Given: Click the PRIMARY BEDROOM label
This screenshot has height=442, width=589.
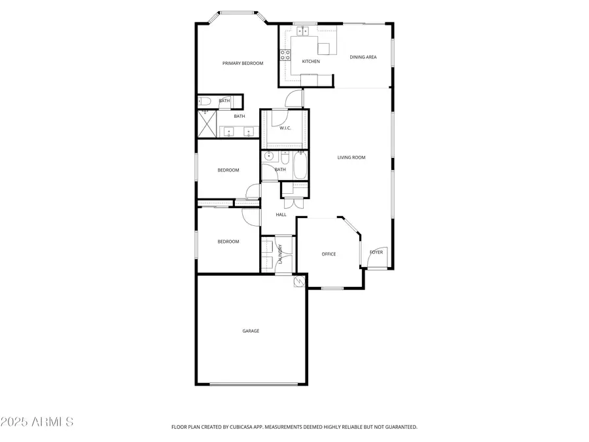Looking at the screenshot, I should pos(243,64).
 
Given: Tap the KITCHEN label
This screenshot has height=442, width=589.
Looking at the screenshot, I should pos(311,62).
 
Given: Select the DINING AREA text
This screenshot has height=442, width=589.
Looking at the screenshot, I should pos(363,58).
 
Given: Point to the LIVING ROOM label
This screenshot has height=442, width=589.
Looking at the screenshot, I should pos(351,157).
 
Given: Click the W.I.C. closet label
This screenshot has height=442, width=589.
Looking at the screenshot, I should pos(285,128).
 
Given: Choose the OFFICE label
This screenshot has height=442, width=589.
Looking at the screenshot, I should pos(329,254).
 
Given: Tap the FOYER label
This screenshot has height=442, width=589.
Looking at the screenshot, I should pos(376,252).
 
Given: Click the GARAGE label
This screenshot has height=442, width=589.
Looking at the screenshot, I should pos(251,331).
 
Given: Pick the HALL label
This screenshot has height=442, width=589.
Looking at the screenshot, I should pos(281,215).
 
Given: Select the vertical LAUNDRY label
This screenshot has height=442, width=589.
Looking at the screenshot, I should pos(281,254).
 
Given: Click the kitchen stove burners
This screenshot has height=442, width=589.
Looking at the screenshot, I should pos(285,55).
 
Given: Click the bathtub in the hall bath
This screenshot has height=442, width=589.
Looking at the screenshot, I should pos(300,166).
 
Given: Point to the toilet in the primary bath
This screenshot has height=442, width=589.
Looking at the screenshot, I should pos(204,101).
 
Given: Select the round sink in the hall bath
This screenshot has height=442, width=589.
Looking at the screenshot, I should pos(268,157).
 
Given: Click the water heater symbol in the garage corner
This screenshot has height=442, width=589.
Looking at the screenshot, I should pos(300,282).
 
